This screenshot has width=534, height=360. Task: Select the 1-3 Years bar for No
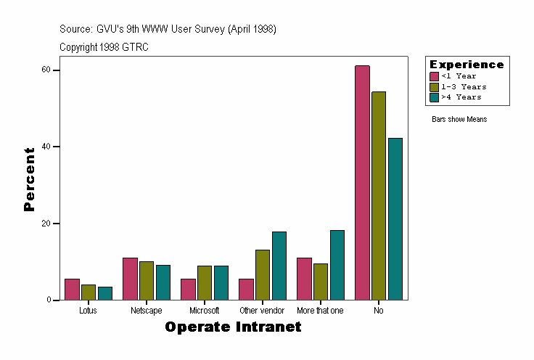(x=379, y=196)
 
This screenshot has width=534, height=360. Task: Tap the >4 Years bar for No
(x=395, y=218)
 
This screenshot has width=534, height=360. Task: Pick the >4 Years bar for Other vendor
(x=279, y=266)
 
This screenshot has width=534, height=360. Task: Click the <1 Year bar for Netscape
(x=130, y=279)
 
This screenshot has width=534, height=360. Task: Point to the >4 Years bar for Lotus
(x=105, y=293)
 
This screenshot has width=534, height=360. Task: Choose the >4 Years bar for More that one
(x=337, y=265)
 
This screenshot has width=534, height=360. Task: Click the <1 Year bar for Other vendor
(x=246, y=289)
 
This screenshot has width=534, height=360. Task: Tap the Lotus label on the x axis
(x=88, y=311)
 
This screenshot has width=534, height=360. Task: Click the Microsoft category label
(x=204, y=311)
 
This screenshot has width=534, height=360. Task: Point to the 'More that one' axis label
(x=320, y=311)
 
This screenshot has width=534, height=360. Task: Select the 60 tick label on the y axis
(x=46, y=70)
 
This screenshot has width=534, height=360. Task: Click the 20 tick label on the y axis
(x=46, y=224)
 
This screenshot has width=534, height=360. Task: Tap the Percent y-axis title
(x=30, y=179)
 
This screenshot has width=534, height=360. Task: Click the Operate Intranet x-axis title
(x=233, y=327)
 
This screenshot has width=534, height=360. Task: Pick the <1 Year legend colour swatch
(x=435, y=76)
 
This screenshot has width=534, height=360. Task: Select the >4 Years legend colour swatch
(x=435, y=97)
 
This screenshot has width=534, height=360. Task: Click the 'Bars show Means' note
(x=459, y=119)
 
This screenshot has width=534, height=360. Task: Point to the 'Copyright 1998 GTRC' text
(x=104, y=46)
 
